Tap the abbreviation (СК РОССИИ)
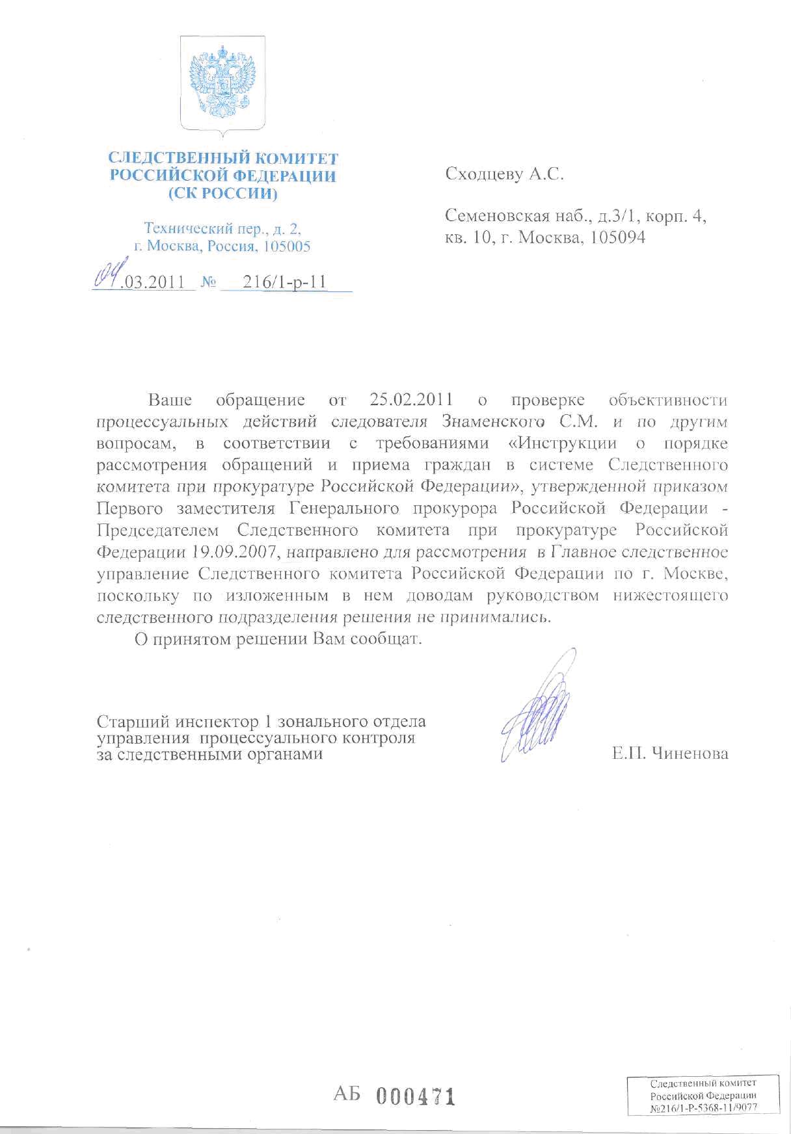pos(222,194)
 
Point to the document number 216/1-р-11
pos(284,283)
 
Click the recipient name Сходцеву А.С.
pos(504,174)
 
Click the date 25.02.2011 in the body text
pos(411,399)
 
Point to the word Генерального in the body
pos(353,508)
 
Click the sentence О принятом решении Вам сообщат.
pos(278,639)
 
